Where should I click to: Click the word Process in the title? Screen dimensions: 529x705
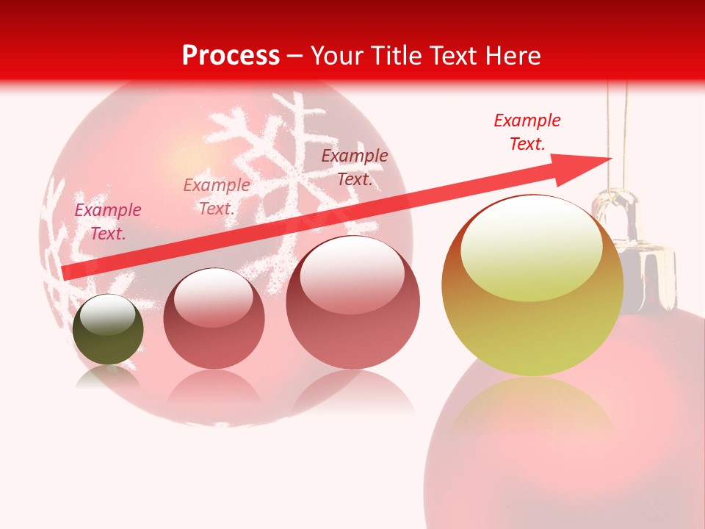(x=231, y=56)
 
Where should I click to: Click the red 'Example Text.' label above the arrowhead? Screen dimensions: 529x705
(x=527, y=132)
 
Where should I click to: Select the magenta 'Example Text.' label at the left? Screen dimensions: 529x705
(x=108, y=222)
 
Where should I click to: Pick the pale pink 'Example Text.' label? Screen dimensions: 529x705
(x=217, y=197)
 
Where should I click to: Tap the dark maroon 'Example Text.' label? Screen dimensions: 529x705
(x=355, y=168)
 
